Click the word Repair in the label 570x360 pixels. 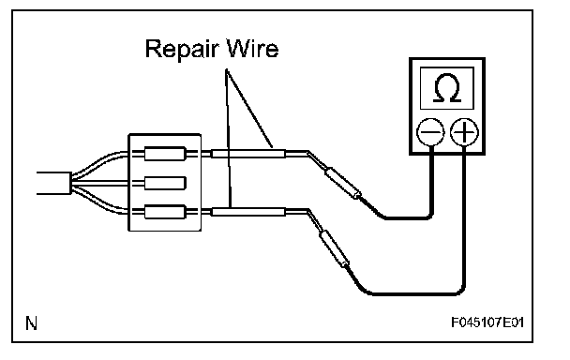[x=183, y=50]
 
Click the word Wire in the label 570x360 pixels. [x=252, y=48]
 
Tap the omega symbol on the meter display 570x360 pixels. [x=447, y=87]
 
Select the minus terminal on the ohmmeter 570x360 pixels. [x=430, y=132]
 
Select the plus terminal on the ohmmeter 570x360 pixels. [x=464, y=132]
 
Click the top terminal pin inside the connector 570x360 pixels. [x=165, y=154]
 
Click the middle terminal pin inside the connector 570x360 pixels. [x=165, y=183]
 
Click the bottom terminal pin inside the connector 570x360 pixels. [x=165, y=212]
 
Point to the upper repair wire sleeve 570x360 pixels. [x=248, y=154]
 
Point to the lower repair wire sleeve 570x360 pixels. [x=248, y=212]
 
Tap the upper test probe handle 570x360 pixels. [x=343, y=183]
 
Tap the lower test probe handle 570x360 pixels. [x=335, y=248]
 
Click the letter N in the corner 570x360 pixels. [x=31, y=322]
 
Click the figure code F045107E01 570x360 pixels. [x=487, y=322]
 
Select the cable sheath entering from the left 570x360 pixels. [x=53, y=183]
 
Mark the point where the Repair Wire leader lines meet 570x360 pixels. [x=226, y=69]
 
